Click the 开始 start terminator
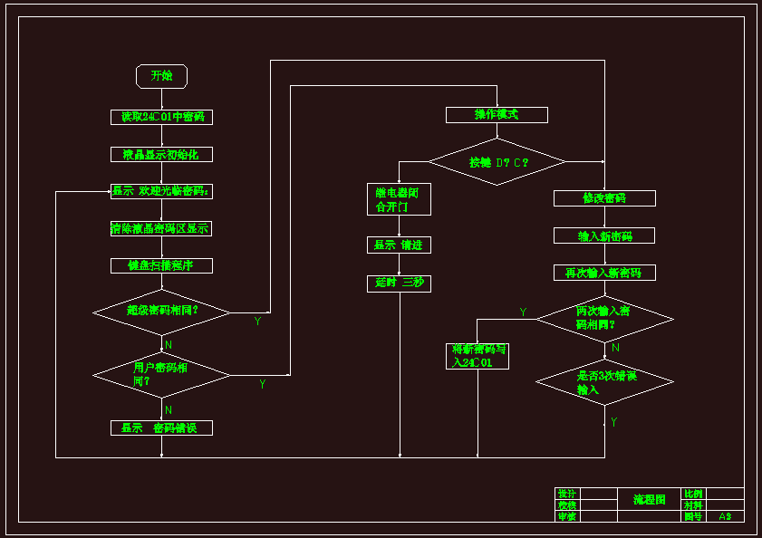coord(161,76)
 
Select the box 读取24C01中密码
coord(161,117)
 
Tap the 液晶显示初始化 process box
coord(161,155)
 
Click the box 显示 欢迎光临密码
coord(161,191)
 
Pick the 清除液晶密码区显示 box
coord(161,228)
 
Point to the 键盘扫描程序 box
coord(161,265)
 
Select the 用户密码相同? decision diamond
coord(162,374)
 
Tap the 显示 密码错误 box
coord(161,428)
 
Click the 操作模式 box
coord(497,115)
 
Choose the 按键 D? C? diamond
coord(497,162)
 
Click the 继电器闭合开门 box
coord(398,199)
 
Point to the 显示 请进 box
coord(398,245)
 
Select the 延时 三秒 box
coord(398,283)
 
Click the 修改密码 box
coord(604,198)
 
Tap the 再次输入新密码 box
coord(604,273)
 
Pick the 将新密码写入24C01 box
coord(477,356)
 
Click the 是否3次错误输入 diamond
coord(604,382)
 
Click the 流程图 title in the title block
coord(649,500)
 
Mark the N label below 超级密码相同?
coord(169,345)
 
